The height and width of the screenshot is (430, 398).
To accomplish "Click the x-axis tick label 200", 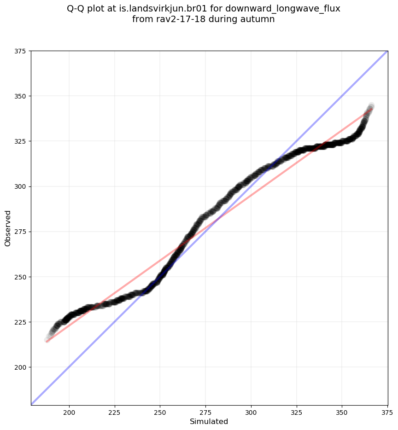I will click(69, 411).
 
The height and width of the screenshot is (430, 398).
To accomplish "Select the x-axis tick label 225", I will click(115, 411).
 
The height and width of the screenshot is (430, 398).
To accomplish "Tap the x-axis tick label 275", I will click(205, 411).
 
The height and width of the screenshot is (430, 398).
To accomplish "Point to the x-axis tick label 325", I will click(296, 411).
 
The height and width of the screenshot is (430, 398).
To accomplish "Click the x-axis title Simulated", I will click(209, 421).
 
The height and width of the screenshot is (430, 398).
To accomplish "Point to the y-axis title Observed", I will click(8, 228).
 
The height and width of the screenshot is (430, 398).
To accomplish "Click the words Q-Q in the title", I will click(76, 9).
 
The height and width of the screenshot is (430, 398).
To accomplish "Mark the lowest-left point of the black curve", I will click(47, 340).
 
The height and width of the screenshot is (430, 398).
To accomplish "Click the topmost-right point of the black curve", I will click(371, 105).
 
